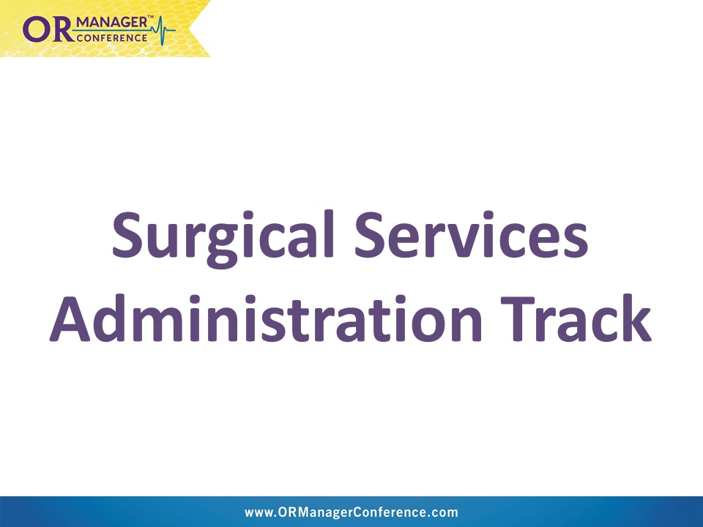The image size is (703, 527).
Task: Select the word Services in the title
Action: coord(471,234)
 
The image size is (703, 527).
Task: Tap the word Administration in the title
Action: coord(266,318)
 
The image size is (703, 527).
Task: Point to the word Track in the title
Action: coord(576,318)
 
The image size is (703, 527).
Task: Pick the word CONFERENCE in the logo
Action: coord(112,38)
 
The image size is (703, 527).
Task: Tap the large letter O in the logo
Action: coord(35,29)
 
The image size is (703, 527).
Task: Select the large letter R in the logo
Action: coord(61,29)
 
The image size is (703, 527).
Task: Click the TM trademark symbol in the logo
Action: coord(151,18)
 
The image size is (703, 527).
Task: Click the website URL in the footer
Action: coord(351,512)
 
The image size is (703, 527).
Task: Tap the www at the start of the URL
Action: coord(259,513)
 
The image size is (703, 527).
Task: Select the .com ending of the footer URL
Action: coord(442,513)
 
